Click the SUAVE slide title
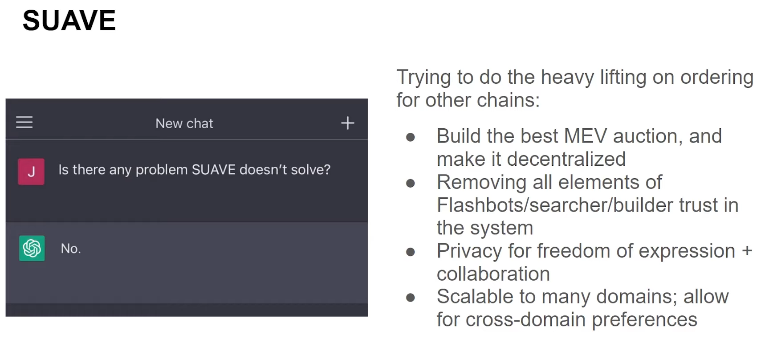[x=69, y=20]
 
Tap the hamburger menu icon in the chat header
[x=24, y=122]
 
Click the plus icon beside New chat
[x=348, y=123]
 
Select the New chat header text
[x=184, y=123]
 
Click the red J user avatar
[x=31, y=172]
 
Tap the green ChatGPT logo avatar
[x=32, y=248]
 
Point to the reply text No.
[x=71, y=249]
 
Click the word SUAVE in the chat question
[x=214, y=170]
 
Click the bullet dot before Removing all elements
[x=411, y=183]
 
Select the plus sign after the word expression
[x=747, y=251]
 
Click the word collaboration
[x=493, y=274]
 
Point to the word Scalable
[x=475, y=297]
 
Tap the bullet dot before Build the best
[x=411, y=137]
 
